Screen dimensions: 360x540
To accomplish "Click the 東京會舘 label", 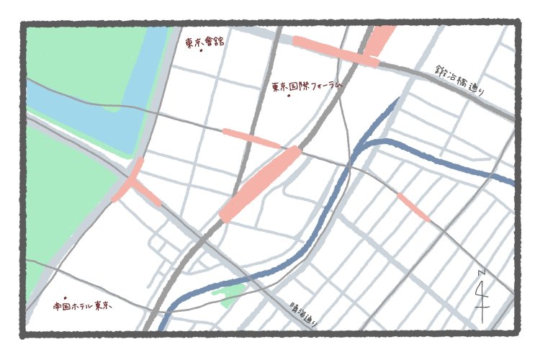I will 204,42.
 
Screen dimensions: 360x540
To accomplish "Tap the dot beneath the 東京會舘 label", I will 201,52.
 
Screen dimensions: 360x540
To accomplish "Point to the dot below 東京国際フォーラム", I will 289,96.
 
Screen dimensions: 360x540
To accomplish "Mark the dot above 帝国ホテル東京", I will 65,297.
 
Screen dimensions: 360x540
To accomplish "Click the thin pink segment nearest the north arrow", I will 413,207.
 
